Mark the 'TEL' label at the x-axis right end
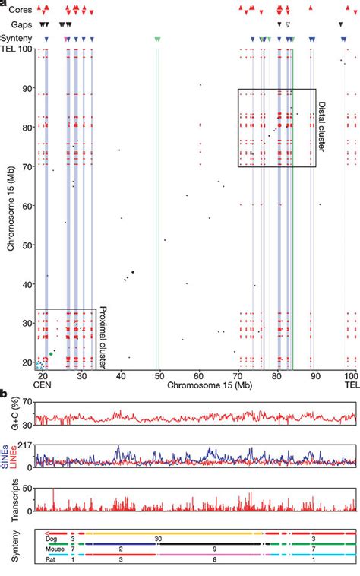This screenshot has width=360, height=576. coord(350,386)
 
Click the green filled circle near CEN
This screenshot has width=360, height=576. coord(51,354)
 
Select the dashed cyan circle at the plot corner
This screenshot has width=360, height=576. coord(39,366)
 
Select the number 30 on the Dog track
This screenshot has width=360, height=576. coord(158,538)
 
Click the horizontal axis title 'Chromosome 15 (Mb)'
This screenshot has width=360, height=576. coord(197,385)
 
